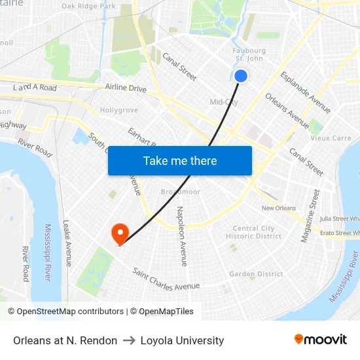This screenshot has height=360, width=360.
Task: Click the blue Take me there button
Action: click(x=180, y=160)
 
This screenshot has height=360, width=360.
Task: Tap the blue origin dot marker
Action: click(x=241, y=76)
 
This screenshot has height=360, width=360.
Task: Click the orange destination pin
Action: click(x=120, y=233)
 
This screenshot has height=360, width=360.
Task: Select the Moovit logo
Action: click(x=321, y=340)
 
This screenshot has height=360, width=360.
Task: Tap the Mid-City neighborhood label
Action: click(x=224, y=102)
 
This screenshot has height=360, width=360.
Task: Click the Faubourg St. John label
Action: click(x=249, y=54)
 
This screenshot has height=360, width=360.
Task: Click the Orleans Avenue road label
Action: click(x=287, y=111)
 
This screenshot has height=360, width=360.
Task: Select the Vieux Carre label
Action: click(x=331, y=139)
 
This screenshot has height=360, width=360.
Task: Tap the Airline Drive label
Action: click(x=126, y=88)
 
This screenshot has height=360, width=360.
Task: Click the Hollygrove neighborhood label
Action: click(x=118, y=111)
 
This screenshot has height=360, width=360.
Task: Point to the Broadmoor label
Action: click(x=181, y=192)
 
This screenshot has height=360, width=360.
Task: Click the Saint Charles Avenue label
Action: click(x=166, y=279)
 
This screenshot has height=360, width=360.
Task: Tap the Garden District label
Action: click(x=256, y=274)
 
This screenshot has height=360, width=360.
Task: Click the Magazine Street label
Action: click(x=310, y=216)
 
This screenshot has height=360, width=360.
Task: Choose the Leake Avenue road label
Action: click(x=67, y=242)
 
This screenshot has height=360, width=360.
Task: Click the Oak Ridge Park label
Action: click(x=88, y=7)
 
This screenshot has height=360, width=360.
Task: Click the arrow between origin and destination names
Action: click(x=128, y=340)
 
